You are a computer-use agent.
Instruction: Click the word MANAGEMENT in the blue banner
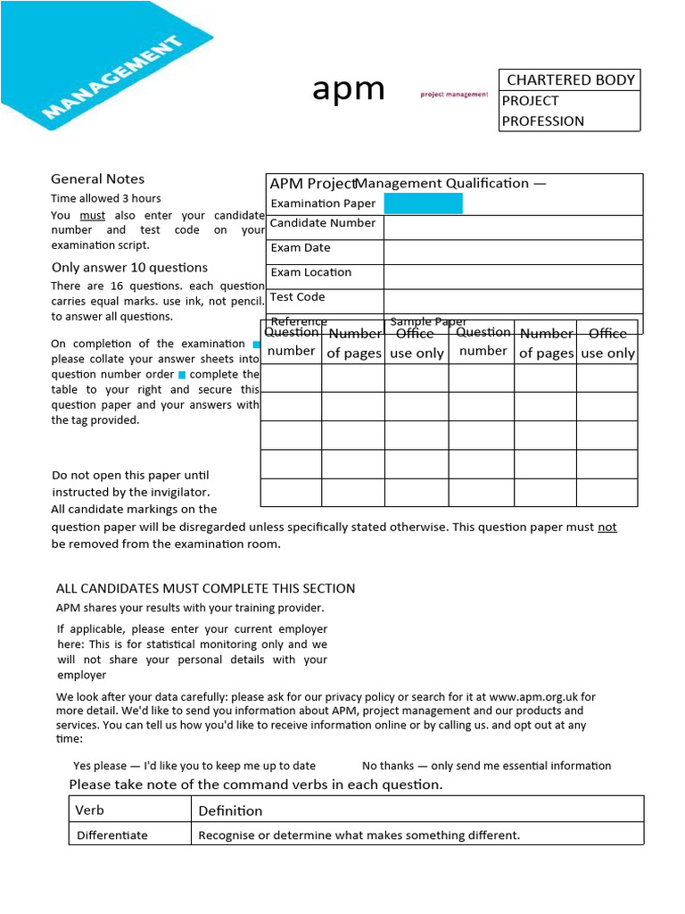click(x=112, y=78)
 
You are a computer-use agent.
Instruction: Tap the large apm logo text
click(x=349, y=89)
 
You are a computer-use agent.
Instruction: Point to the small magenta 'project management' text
click(x=454, y=94)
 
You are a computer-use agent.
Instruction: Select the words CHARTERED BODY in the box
click(x=571, y=80)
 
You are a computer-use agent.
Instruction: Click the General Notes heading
click(x=97, y=179)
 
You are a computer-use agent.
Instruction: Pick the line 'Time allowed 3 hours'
click(x=106, y=198)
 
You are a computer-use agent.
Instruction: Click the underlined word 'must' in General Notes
click(x=92, y=215)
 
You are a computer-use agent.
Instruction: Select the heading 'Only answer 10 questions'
click(x=129, y=268)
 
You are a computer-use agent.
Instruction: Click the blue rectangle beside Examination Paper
click(x=423, y=204)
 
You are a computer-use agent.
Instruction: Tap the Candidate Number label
click(x=323, y=223)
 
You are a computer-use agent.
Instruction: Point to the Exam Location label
click(x=311, y=272)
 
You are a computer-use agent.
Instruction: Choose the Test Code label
click(x=298, y=297)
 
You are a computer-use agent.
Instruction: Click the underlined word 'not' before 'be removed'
click(x=607, y=528)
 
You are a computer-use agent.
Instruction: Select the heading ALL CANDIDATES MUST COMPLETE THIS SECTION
click(x=205, y=588)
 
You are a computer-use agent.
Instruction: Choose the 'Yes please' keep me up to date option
click(x=194, y=766)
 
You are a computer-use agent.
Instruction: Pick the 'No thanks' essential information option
click(x=486, y=766)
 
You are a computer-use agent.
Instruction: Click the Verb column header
click(x=89, y=810)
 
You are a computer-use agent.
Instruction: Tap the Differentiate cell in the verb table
click(x=112, y=835)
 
